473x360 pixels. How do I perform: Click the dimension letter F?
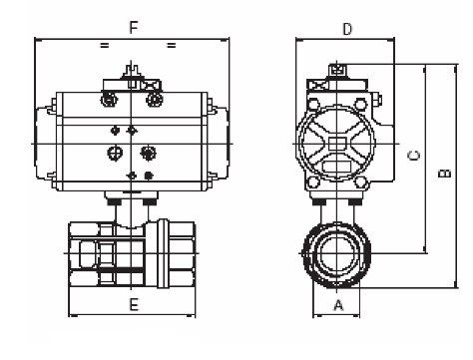134,28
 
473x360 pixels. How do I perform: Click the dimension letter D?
347,29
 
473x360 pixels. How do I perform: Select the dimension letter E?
134,304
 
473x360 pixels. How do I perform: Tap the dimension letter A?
338,305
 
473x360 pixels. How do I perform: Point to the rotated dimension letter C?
414,156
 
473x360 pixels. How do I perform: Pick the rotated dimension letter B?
445,174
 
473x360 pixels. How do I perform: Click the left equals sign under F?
105,45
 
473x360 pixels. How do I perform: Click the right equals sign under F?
171,45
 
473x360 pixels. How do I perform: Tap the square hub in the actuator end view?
336,144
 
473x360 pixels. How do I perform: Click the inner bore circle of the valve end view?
336,253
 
